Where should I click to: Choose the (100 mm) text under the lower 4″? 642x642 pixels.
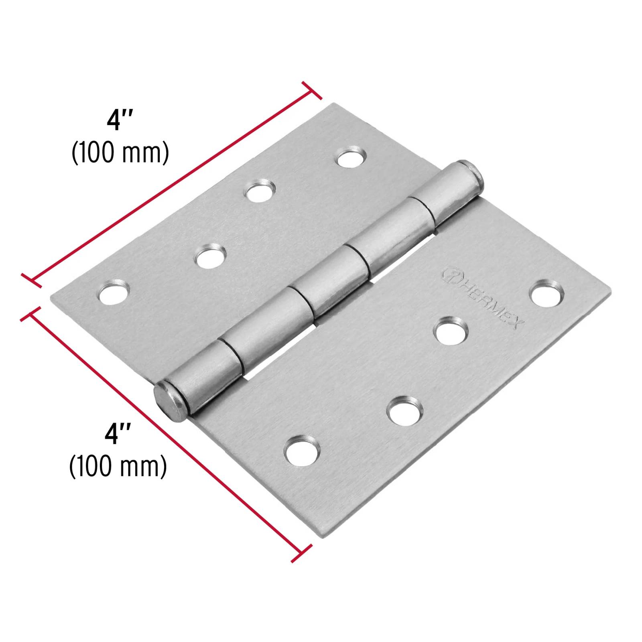pos(118,467)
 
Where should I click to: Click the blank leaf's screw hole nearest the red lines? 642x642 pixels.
pos(113,294)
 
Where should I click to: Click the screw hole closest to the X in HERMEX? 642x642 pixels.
pos(546,294)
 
